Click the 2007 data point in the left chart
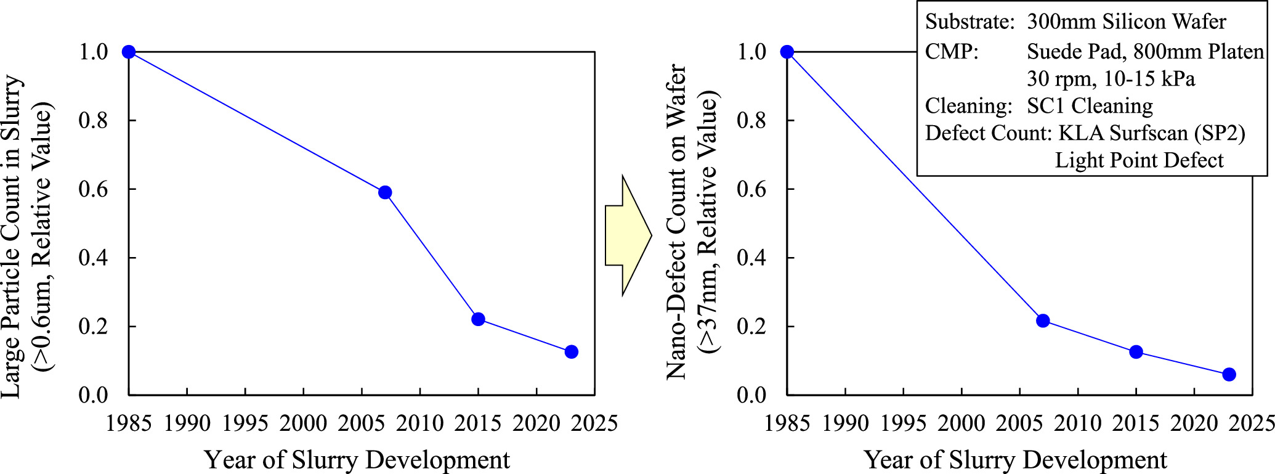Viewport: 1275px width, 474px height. tap(385, 192)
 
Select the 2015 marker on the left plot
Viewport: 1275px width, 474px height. tap(478, 319)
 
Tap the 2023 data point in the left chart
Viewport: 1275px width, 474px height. tap(571, 352)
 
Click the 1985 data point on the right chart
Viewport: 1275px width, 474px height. tap(787, 52)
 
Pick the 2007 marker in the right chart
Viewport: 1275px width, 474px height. tap(1043, 321)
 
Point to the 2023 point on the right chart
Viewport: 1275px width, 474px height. tap(1229, 374)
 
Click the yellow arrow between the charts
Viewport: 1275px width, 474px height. tap(628, 235)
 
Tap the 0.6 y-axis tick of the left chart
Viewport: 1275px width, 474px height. tap(93, 189)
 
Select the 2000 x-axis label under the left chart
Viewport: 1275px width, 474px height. tap(303, 423)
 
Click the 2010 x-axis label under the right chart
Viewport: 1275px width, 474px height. tap(1078, 423)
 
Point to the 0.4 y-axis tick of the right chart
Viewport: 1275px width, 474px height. tap(751, 258)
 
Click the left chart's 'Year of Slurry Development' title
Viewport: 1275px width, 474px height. tap(357, 460)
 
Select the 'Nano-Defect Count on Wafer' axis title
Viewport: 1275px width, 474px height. tap(677, 222)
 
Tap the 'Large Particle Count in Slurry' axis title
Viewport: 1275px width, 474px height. tap(12, 237)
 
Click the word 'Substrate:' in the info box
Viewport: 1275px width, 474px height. tap(969, 22)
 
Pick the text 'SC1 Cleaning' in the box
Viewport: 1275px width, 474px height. tap(1090, 106)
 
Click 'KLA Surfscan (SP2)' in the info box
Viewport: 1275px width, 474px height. tap(1151, 133)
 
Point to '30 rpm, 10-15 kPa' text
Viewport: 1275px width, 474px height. tap(1111, 79)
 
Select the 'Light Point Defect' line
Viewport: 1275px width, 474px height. tap(1139, 160)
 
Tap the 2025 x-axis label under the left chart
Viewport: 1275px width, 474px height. tap(594, 423)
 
